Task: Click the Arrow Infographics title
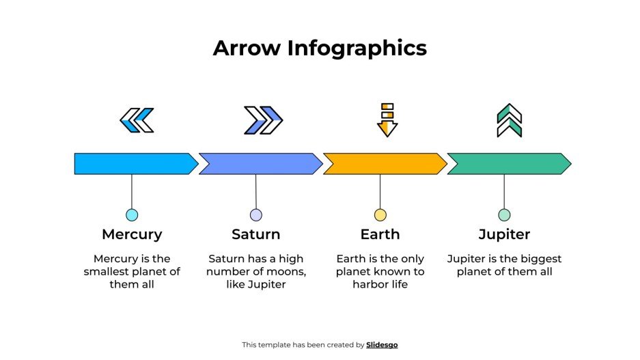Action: click(320, 48)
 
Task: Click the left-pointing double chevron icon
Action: click(137, 120)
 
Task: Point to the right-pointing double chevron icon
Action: click(263, 120)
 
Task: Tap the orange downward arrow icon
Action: click(387, 120)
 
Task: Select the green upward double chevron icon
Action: click(509, 120)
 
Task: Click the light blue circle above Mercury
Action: click(132, 215)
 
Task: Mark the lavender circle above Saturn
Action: click(256, 215)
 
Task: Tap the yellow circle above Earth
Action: click(380, 215)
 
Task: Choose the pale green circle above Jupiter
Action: click(504, 215)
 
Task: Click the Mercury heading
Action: click(132, 234)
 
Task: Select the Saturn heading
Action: click(256, 234)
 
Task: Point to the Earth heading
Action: click(380, 234)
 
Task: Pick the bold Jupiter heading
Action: click(504, 234)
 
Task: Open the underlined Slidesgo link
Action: click(382, 345)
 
